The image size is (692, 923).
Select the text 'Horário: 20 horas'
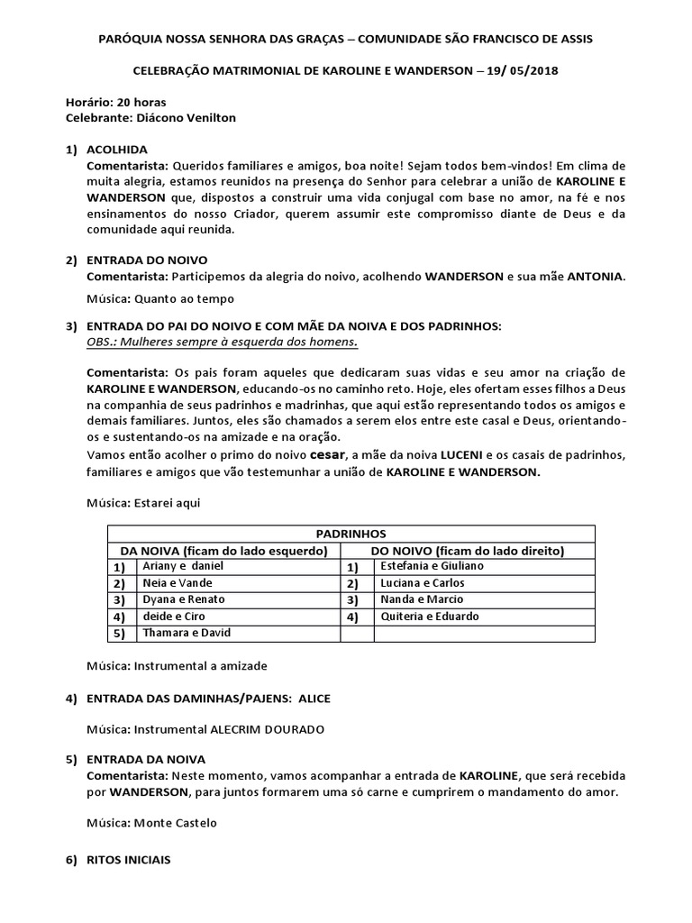115,103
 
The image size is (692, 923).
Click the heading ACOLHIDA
116,149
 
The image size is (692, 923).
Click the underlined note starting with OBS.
221,342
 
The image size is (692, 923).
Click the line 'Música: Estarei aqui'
142,503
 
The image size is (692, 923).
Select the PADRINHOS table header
351,534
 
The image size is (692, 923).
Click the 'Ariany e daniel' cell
183,566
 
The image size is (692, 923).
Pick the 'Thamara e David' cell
187,633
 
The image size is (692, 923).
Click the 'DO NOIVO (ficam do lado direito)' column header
467,550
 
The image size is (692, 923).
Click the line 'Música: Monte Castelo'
151,823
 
